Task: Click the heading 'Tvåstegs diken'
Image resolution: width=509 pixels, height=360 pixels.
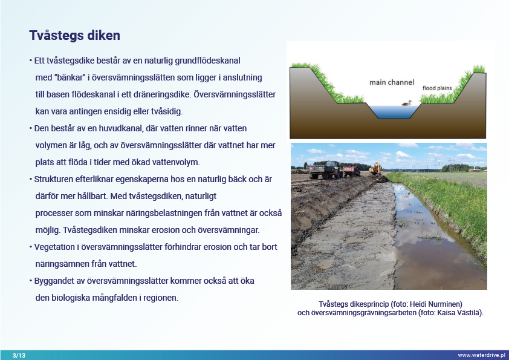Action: (x=74, y=35)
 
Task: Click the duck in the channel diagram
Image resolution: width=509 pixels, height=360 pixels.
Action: (x=407, y=103)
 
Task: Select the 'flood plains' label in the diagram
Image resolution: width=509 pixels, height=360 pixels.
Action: (x=437, y=88)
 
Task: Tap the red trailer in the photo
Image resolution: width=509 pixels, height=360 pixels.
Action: (x=351, y=172)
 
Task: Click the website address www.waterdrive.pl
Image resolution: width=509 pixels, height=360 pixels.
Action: (x=481, y=355)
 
